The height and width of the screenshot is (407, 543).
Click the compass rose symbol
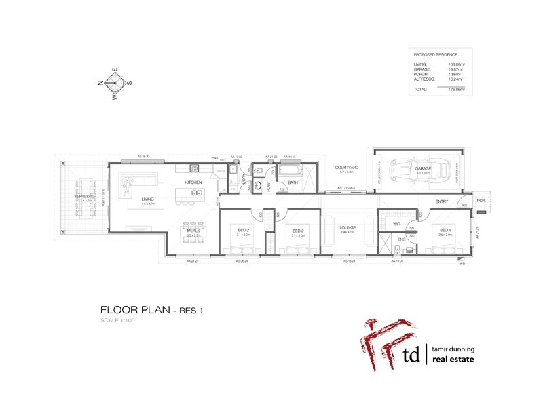[x=114, y=83]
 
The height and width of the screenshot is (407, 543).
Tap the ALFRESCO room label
[x=84, y=197]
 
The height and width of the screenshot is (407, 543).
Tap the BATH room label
[x=293, y=182]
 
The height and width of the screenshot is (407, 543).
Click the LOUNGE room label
[x=348, y=228]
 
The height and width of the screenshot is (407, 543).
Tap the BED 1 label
[x=445, y=231]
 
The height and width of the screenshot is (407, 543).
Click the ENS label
[x=401, y=239]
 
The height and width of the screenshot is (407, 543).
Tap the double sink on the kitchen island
[x=196, y=193]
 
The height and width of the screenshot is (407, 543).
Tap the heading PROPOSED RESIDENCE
[x=435, y=54]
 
